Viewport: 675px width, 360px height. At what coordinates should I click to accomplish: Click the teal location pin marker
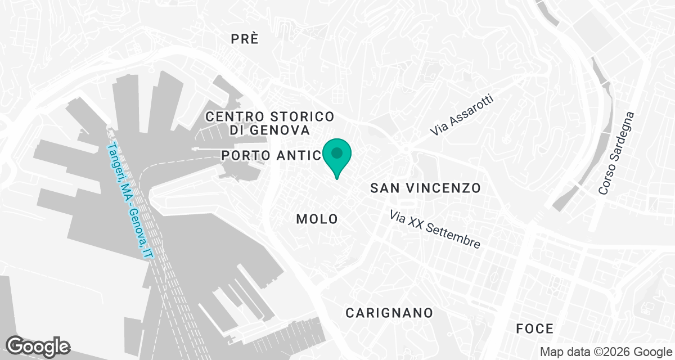[337, 157]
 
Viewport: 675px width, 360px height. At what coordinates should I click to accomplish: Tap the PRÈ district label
[245, 39]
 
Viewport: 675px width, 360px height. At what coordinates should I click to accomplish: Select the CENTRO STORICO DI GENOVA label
[270, 123]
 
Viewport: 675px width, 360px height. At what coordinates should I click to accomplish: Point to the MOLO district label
[317, 219]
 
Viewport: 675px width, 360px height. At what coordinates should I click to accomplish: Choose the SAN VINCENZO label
[426, 188]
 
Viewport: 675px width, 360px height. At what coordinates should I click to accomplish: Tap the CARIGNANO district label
[389, 313]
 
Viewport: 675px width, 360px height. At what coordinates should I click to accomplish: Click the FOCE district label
[535, 328]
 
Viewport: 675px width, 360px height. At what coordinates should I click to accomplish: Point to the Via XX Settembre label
[435, 229]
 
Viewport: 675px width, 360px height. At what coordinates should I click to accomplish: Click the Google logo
[38, 346]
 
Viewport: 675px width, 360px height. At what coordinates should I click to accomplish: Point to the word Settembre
[453, 236]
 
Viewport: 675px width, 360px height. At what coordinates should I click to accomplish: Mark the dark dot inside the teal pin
[337, 152]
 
